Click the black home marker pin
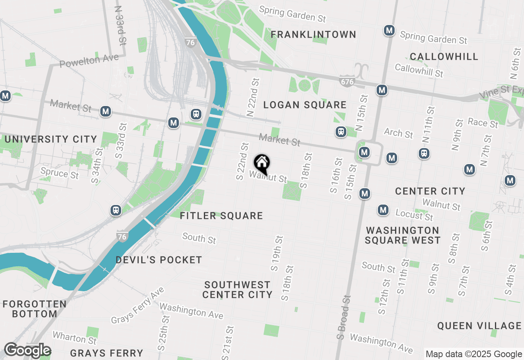pyautogui.click(x=262, y=164)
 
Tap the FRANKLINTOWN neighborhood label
pyautogui.click(x=313, y=34)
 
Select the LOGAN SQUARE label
pyautogui.click(x=305, y=105)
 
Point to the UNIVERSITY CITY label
pyautogui.click(x=51, y=139)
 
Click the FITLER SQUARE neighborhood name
pyautogui.click(x=221, y=216)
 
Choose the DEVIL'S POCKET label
pyautogui.click(x=159, y=260)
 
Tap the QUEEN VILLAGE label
pyautogui.click(x=479, y=326)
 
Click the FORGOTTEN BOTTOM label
pyautogui.click(x=34, y=309)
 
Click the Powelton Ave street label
pyautogui.click(x=89, y=61)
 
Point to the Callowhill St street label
pyautogui.click(x=419, y=70)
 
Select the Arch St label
pyautogui.click(x=398, y=133)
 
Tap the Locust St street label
pyautogui.click(x=414, y=214)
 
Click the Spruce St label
pyautogui.click(x=59, y=173)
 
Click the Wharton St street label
pyautogui.click(x=75, y=338)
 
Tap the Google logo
pyautogui.click(x=27, y=351)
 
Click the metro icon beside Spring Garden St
pyautogui.click(x=389, y=30)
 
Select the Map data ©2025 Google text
pyautogui.click(x=474, y=354)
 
